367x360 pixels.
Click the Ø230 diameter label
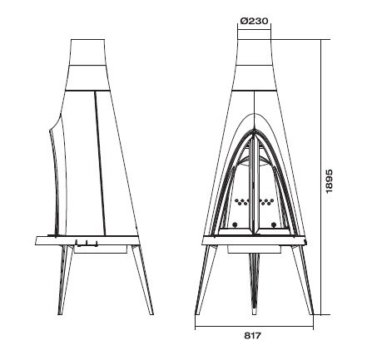point(254,21)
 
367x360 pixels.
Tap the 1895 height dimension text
point(329,181)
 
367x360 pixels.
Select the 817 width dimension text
point(253,336)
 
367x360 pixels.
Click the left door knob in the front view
point(236,224)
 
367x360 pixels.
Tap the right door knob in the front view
point(273,224)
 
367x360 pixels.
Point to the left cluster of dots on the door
point(241,201)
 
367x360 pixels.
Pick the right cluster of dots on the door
point(266,201)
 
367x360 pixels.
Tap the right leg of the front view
point(303,280)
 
